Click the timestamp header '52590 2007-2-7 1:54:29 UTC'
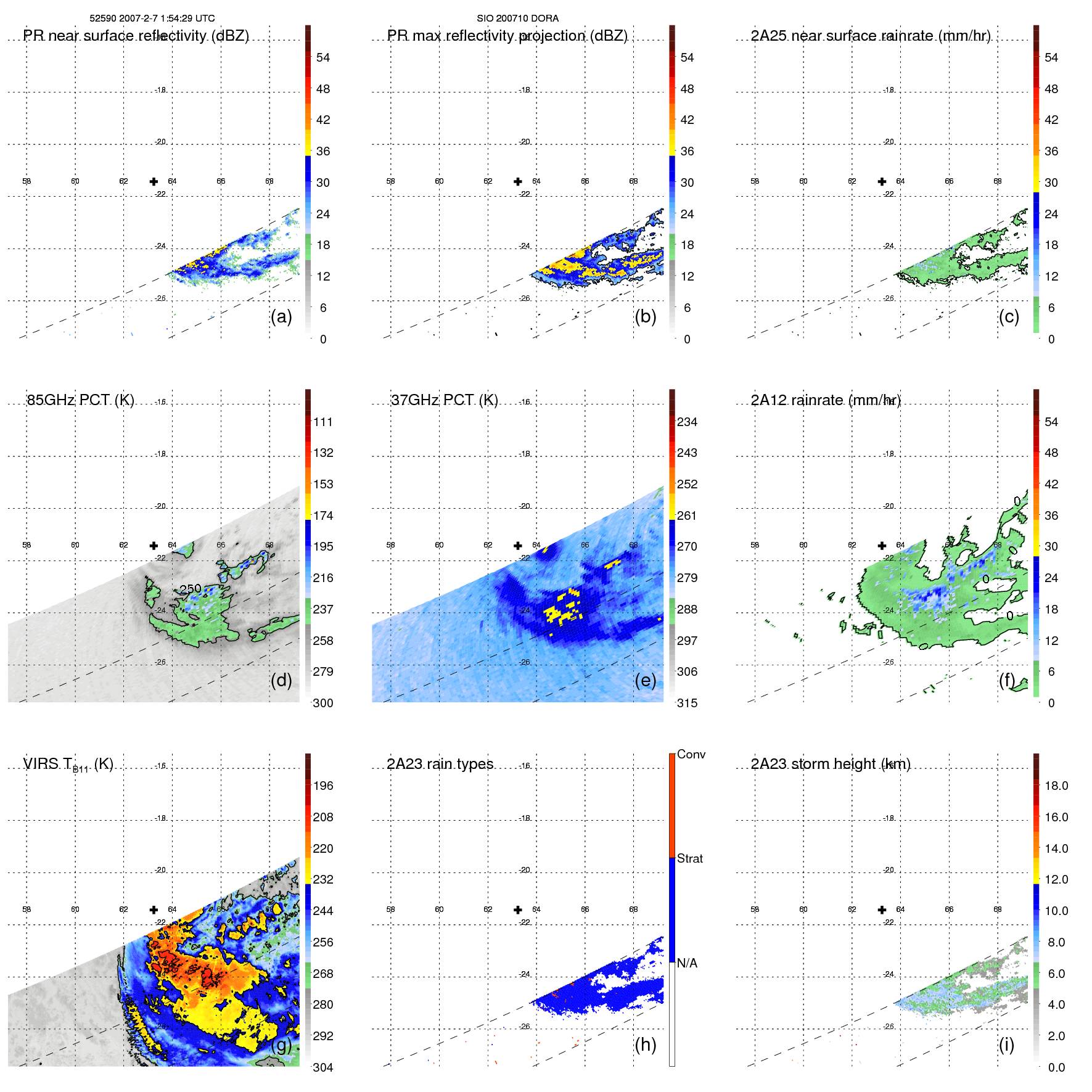[x=152, y=18]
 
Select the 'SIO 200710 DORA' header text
[x=517, y=18]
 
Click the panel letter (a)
[x=281, y=316]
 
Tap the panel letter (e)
[x=645, y=680]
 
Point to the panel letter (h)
[x=645, y=1045]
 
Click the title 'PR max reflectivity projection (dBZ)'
[x=507, y=36]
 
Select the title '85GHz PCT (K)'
[x=80, y=400]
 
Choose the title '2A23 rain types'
[x=440, y=764]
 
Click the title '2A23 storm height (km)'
[x=831, y=764]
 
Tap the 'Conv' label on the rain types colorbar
[x=691, y=754]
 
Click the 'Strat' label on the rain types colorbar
[x=690, y=858]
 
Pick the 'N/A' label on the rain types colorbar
[x=687, y=963]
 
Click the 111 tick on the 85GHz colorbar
[x=323, y=422]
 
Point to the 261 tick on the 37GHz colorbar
[x=687, y=515]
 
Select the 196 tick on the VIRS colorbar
[x=323, y=786]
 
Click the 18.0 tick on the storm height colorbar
[x=1056, y=786]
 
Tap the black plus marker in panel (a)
[x=154, y=181]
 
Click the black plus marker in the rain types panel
[x=518, y=909]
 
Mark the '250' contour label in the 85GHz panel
[x=191, y=588]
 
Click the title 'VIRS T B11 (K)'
[x=68, y=765]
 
